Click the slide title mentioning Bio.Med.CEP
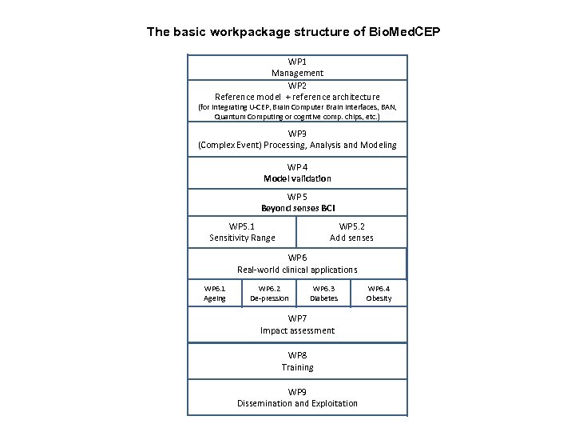coord(293,33)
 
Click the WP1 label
coord(297,62)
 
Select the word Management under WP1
coord(297,73)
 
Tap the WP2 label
coord(297,85)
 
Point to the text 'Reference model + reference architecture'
coord(297,96)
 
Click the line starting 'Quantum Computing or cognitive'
coord(297,117)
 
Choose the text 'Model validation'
coord(297,178)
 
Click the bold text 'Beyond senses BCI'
coord(297,208)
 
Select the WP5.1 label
coord(242,226)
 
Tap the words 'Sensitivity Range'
coord(242,238)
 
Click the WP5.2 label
coord(352,226)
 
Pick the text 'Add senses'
coord(352,238)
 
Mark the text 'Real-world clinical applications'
coord(297,270)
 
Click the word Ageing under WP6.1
coord(215,298)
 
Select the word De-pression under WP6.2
coord(269,298)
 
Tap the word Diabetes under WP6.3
coord(324,298)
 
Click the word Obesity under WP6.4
coord(379,298)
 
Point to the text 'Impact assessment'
coord(297,330)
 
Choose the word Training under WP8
coord(297,367)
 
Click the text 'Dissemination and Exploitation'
coord(297,403)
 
